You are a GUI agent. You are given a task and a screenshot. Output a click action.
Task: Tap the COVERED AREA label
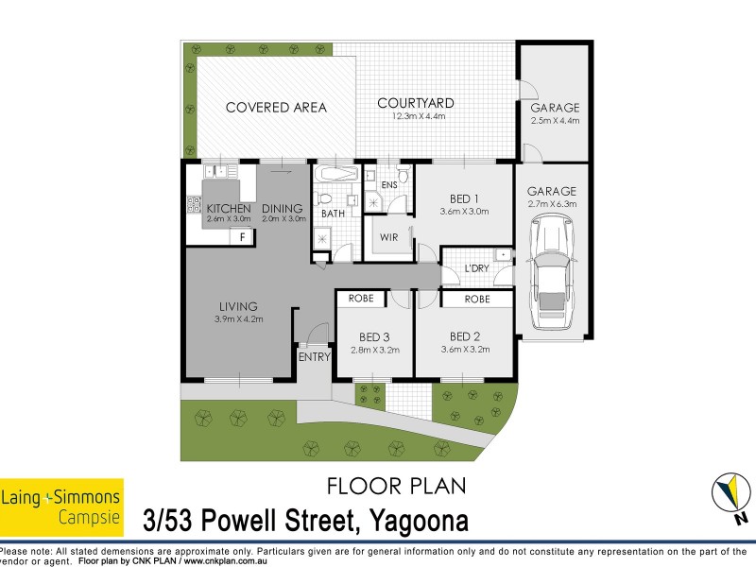pyautogui.click(x=276, y=108)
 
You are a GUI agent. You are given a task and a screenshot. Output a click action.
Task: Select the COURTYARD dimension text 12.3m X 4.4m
pyautogui.click(x=416, y=117)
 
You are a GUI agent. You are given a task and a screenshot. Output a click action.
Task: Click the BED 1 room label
pyautogui.click(x=463, y=198)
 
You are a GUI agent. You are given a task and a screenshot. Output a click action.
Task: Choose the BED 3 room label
pyautogui.click(x=373, y=337)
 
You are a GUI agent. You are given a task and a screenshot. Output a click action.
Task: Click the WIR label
pyautogui.click(x=387, y=238)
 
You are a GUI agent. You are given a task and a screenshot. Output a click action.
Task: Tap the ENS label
pyautogui.click(x=387, y=184)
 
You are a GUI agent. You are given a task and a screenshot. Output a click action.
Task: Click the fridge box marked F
pyautogui.click(x=243, y=236)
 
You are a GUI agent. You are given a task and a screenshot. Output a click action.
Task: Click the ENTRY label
pyautogui.click(x=314, y=357)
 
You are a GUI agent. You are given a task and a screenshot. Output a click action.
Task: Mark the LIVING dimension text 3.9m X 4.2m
pyautogui.click(x=238, y=319)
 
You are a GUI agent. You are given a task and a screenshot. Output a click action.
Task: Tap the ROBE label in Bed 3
pyautogui.click(x=361, y=299)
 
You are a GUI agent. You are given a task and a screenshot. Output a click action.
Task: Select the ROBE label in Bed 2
pyautogui.click(x=476, y=299)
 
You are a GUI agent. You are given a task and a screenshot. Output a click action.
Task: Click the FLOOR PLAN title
pyautogui.click(x=395, y=487)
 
